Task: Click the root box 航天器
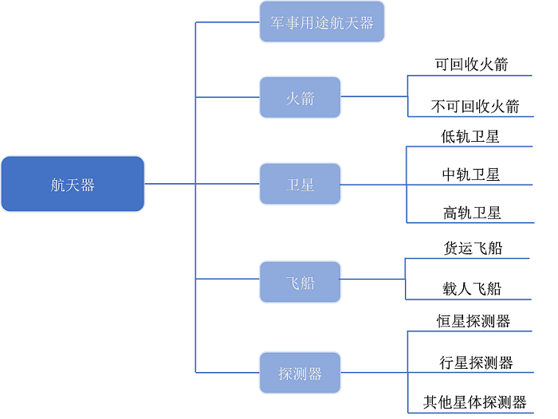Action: tap(73, 184)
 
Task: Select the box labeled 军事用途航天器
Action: tap(322, 22)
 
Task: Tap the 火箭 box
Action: tap(300, 97)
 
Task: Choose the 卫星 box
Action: tap(300, 184)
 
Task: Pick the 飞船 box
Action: tap(300, 281)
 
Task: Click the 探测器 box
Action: tap(300, 373)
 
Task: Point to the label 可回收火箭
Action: tap(471, 65)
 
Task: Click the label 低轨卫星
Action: tap(470, 136)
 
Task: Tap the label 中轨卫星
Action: tap(471, 174)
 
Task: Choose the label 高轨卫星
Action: tap(472, 212)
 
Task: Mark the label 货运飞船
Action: tap(472, 248)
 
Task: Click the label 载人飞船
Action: tap(472, 288)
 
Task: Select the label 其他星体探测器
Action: tap(475, 402)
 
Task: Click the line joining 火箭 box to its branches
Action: tap(374, 97)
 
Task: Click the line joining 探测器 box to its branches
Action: tap(374, 373)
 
